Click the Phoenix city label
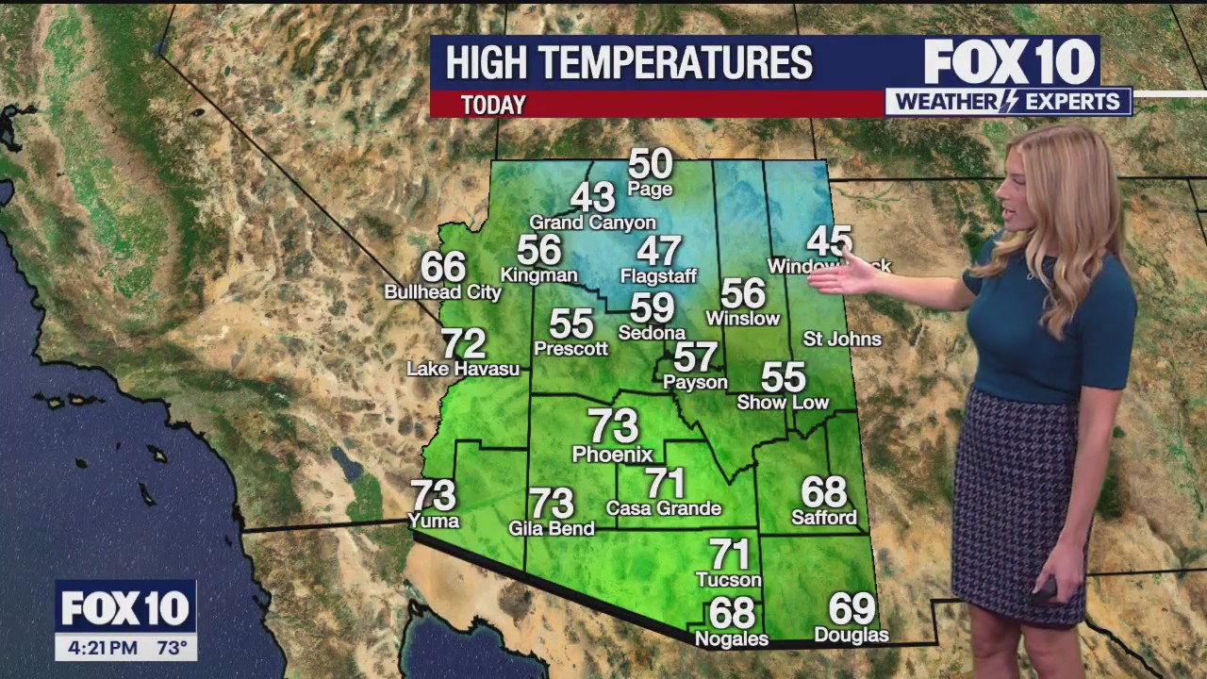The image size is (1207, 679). click(612, 455)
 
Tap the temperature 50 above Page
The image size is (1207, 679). click(650, 164)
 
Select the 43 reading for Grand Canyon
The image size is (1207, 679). click(593, 198)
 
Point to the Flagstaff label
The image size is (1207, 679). click(658, 276)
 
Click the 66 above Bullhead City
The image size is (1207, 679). click(443, 267)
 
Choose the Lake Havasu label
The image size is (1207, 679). click(463, 369)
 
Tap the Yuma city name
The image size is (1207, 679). click(434, 521)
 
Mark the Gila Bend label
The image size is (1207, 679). click(552, 528)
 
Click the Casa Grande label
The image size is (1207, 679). click(664, 508)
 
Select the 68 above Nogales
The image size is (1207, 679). click(733, 614)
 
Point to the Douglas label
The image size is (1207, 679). click(852, 635)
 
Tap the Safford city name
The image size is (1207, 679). click(824, 518)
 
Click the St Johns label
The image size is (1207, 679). click(842, 339)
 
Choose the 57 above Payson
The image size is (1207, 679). click(696, 357)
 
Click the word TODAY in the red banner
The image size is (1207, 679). click(493, 105)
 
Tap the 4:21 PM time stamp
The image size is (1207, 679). click(103, 648)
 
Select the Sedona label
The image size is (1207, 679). click(652, 333)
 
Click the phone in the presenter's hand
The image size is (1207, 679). click(1043, 592)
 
